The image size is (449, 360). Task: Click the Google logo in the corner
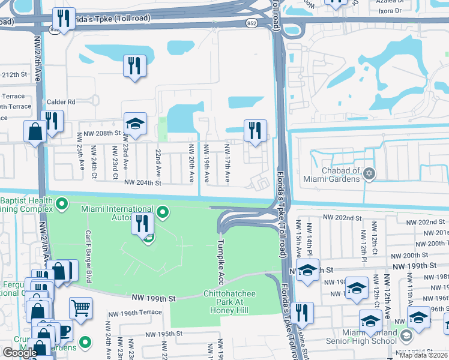(20, 352)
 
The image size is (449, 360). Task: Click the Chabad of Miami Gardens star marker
(369, 174)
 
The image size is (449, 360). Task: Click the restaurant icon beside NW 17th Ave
(255, 130)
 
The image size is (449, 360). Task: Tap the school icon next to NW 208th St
(135, 124)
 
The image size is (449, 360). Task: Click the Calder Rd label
(62, 102)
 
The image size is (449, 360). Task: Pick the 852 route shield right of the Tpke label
(252, 22)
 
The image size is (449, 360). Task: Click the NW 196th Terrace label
(134, 313)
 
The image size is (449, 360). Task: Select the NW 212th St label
(14, 75)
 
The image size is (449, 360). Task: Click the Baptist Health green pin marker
(61, 205)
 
